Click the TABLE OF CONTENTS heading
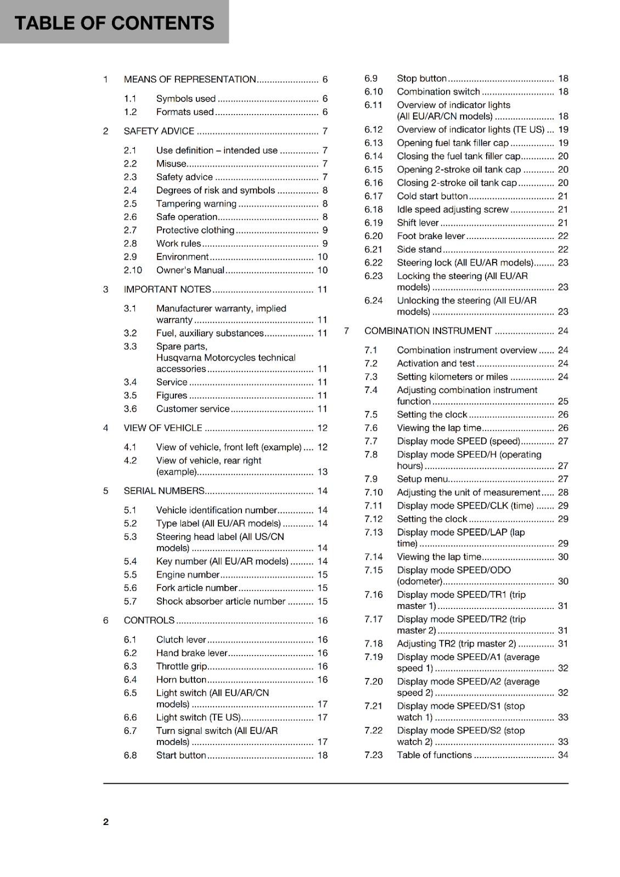pyautogui.click(x=114, y=23)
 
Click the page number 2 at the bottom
pyautogui.click(x=106, y=822)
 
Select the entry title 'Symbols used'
pyautogui.click(x=185, y=99)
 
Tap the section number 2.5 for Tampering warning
pyautogui.click(x=130, y=204)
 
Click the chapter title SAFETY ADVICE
pyautogui.click(x=159, y=131)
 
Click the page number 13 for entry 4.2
pyautogui.click(x=322, y=472)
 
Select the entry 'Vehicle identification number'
pyautogui.click(x=216, y=510)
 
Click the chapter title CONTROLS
pyautogui.click(x=149, y=620)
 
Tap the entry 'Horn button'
pyautogui.click(x=181, y=680)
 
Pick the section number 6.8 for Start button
pyautogui.click(x=130, y=755)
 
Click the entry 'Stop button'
pyautogui.click(x=421, y=78)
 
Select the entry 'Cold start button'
pyautogui.click(x=432, y=196)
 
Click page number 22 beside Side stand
pyautogui.click(x=563, y=249)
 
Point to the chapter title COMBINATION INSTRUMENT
pyautogui.click(x=428, y=331)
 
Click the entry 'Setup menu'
pyautogui.click(x=422, y=479)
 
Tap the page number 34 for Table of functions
pyautogui.click(x=563, y=755)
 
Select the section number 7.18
pyautogui.click(x=373, y=644)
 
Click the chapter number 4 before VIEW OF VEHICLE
pyautogui.click(x=106, y=428)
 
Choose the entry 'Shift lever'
pyautogui.click(x=418, y=223)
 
